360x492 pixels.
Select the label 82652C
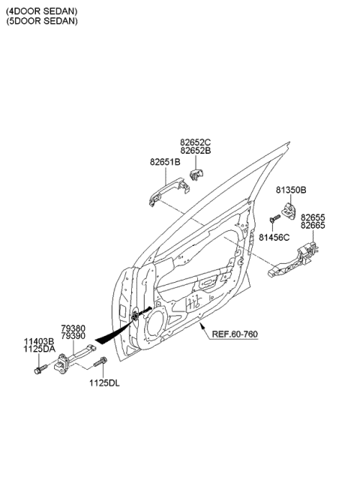196,141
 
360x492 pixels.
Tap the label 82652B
196,150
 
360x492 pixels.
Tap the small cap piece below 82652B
197,175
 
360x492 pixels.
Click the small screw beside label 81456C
272,218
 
